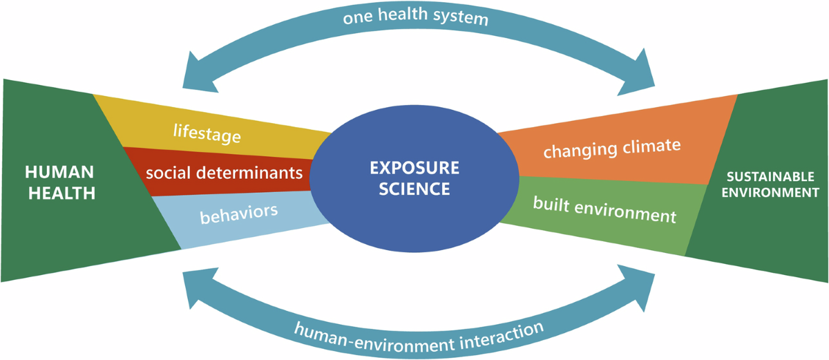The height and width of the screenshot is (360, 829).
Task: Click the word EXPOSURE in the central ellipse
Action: (414, 168)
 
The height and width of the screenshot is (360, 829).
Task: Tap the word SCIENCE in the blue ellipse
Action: (414, 188)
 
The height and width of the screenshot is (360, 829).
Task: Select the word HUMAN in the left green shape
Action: (59, 172)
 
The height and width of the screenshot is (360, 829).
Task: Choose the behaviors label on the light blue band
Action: (238, 212)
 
